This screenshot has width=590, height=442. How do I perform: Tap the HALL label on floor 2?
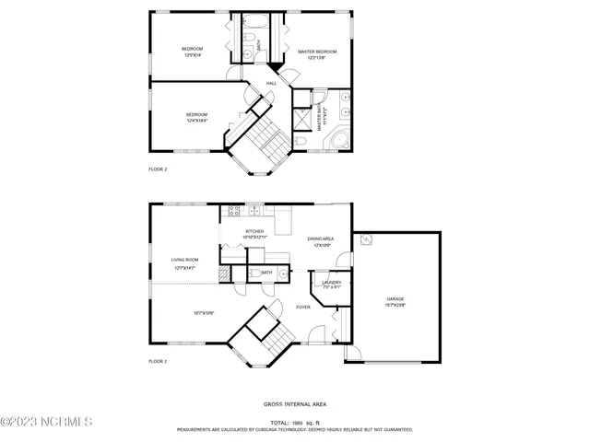tap(272, 84)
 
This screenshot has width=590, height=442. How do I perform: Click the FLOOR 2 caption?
tap(158, 169)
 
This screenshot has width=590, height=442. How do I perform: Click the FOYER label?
tap(302, 307)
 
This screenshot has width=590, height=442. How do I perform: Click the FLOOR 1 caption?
tap(158, 362)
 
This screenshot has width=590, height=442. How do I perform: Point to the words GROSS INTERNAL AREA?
tap(294, 403)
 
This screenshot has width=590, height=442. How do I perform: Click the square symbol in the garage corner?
tap(366, 240)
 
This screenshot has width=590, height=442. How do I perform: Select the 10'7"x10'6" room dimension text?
tap(204, 313)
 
